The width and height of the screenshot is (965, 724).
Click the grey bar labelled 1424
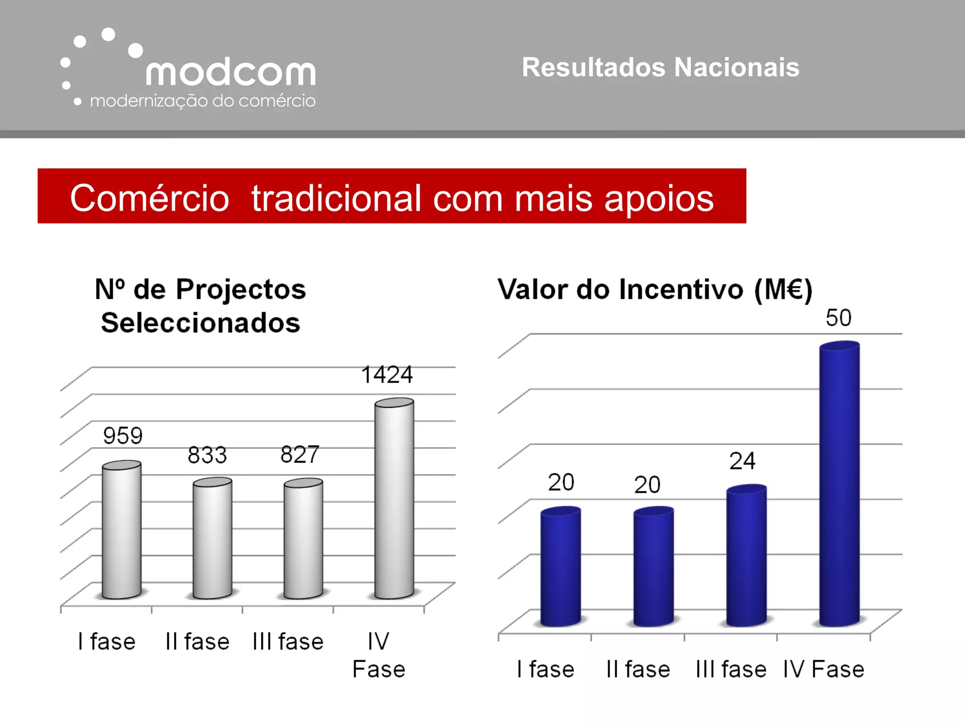[394, 500]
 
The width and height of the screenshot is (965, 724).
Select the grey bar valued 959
[122, 530]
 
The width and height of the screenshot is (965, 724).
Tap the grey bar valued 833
[212, 540]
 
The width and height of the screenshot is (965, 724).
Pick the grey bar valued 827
[303, 540]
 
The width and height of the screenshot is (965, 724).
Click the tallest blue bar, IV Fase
[839, 485]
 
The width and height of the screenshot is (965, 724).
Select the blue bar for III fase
[746, 556]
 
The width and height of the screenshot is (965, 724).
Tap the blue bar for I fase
[560, 568]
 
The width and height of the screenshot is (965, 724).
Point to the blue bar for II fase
[653, 568]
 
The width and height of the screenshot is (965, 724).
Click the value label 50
[838, 318]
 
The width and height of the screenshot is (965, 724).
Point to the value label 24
[742, 461]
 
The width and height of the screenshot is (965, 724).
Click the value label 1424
[387, 375]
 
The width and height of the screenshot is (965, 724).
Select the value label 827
[300, 455]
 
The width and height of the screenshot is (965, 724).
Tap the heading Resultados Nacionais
[660, 67]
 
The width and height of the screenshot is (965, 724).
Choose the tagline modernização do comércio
[202, 101]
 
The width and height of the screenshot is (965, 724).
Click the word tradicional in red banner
[336, 198]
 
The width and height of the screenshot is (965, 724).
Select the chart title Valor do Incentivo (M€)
[655, 289]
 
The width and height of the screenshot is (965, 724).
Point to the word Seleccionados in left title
[201, 323]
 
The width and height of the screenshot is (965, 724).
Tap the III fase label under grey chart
[288, 642]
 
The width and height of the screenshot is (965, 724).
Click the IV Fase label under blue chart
[823, 670]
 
